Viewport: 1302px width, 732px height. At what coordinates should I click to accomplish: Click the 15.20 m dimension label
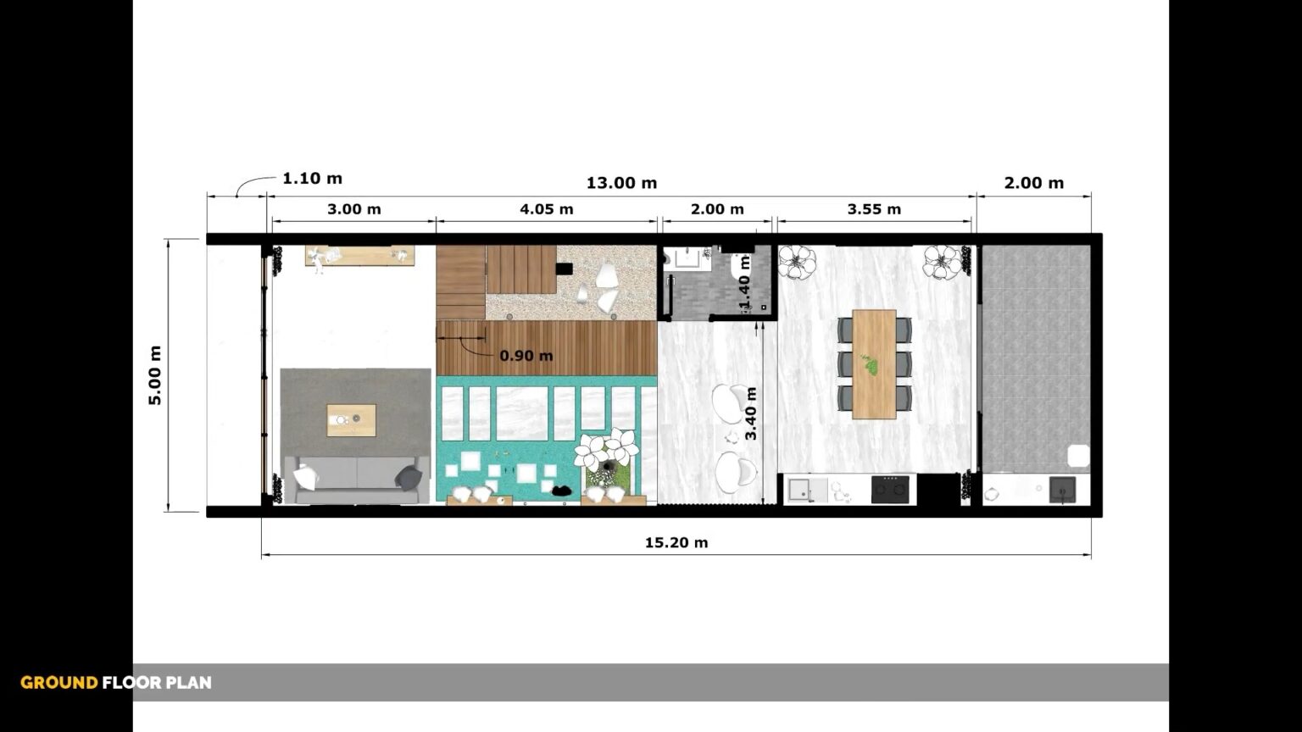676,542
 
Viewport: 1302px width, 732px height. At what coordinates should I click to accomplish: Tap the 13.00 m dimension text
621,183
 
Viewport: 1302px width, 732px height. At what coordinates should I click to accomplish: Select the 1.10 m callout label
312,179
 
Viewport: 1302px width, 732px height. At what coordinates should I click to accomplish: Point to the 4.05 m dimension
547,208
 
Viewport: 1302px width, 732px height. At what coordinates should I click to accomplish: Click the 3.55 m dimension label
874,208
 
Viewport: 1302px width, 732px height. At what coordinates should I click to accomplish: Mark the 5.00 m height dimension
156,375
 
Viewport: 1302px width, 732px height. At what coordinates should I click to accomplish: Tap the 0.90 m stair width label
526,356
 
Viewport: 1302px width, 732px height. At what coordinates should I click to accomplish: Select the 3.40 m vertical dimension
751,413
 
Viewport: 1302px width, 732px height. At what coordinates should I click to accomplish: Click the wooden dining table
874,364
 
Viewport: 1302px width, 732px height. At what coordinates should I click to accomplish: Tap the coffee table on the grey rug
351,419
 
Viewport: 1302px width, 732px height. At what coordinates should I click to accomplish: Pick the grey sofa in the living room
356,479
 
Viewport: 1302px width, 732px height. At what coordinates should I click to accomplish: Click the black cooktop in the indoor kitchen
891,489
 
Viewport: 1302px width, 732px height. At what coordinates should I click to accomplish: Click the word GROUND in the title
58,683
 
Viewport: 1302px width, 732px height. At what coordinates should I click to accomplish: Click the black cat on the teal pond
560,490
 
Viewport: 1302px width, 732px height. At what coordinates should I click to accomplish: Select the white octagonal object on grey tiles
1078,456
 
